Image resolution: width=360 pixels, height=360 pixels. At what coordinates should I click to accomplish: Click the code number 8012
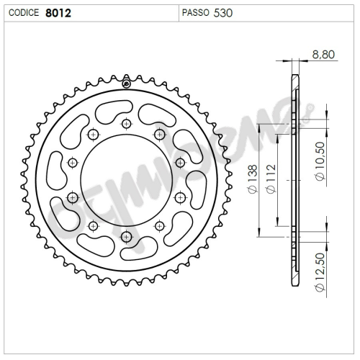(x=58, y=13)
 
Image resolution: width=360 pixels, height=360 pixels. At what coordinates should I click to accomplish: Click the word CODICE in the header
(x=24, y=13)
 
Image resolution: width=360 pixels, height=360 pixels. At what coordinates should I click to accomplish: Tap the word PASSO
(x=196, y=13)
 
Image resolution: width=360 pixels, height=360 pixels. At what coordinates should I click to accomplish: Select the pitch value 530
(x=223, y=13)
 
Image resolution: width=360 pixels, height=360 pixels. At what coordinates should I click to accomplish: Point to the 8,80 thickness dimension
(x=323, y=55)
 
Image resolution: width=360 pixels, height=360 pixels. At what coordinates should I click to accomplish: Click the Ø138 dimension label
(x=253, y=179)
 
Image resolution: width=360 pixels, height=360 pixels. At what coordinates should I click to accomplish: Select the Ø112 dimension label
(x=271, y=179)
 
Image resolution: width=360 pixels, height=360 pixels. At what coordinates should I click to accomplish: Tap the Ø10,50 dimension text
(x=320, y=161)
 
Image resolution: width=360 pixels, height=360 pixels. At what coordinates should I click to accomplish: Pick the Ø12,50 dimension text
(x=320, y=272)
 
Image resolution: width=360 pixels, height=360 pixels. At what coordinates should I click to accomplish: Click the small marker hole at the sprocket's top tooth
(x=126, y=84)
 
